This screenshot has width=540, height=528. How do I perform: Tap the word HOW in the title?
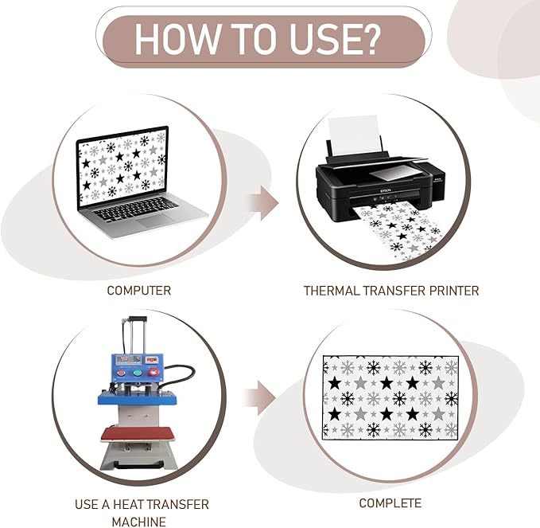[x=177, y=39]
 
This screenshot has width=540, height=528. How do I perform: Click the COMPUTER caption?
[x=139, y=291]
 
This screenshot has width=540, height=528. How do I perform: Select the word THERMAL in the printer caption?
[x=332, y=291]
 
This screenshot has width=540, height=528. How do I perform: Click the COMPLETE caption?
[x=390, y=503]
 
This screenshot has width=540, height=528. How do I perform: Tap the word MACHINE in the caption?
[x=139, y=522]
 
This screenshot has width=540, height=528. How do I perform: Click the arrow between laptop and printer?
[x=262, y=203]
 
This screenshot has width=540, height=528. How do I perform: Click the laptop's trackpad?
[x=155, y=220]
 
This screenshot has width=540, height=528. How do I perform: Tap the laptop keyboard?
[x=136, y=208]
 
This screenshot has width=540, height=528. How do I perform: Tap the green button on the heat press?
[x=137, y=373]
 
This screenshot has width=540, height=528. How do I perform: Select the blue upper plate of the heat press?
[x=138, y=397]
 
